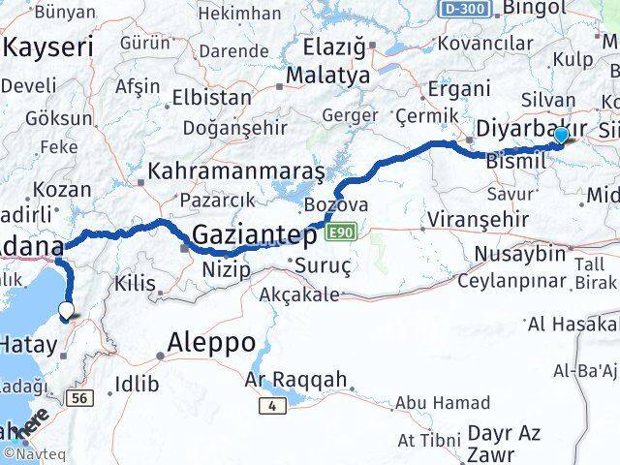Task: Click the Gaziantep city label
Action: [255, 234]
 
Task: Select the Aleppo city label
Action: [210, 342]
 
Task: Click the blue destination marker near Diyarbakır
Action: [561, 137]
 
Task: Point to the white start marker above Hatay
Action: [66, 310]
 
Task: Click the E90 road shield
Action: [342, 232]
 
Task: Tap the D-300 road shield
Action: [466, 8]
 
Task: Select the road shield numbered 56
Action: [78, 397]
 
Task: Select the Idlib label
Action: [137, 385]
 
